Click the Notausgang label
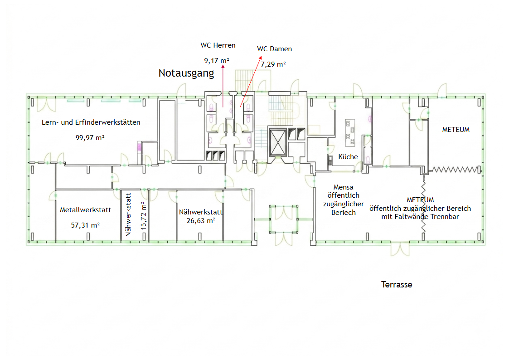tap(186, 73)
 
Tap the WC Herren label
tap(218, 45)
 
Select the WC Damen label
tap(274, 49)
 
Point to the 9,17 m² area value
tap(217, 61)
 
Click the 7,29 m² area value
tap(273, 64)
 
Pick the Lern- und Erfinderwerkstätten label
tap(91, 122)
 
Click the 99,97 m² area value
tap(90, 138)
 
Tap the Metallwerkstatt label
tap(85, 210)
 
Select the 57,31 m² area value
tap(85, 225)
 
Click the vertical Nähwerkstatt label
tap(128, 215)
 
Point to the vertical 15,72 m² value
tap(144, 216)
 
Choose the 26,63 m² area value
tap(201, 221)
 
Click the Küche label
tap(348, 157)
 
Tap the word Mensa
tap(343, 187)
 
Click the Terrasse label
tap(397, 285)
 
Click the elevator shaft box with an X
tap(278, 142)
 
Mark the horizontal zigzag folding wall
tap(455, 170)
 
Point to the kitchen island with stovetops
tap(350, 133)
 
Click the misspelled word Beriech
tap(344, 213)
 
